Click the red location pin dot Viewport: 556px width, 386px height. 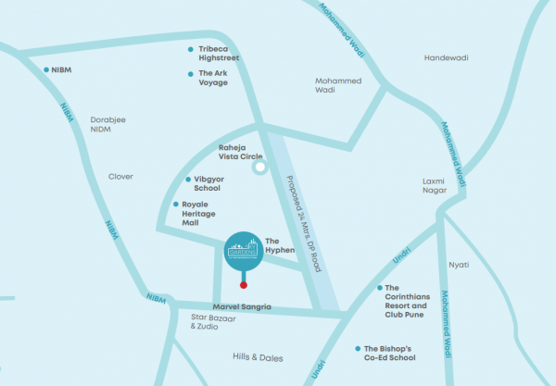tap(244, 285)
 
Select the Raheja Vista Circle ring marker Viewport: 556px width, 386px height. tap(261, 168)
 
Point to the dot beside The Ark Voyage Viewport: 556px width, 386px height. tap(190, 73)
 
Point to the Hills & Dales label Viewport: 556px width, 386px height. tap(257, 356)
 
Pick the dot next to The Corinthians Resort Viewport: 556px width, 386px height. tap(379, 288)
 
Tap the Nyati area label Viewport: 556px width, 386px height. tap(459, 265)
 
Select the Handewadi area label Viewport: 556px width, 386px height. tap(447, 57)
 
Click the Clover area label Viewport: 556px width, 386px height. tap(120, 176)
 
